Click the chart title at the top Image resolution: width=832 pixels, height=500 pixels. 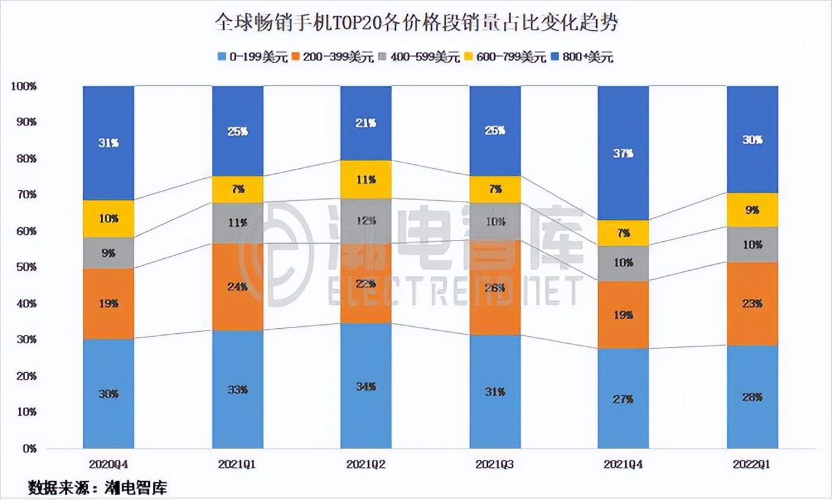[416, 23]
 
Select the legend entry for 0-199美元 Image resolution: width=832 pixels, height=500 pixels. [250, 57]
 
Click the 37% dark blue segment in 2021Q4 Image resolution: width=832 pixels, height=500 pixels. [623, 153]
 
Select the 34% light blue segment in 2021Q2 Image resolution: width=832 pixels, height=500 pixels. [366, 385]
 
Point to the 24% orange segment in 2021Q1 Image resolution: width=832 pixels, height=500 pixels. [238, 287]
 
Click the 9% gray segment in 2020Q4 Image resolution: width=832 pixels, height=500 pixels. [108, 253]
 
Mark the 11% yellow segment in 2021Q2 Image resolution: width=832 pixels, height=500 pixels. [366, 179]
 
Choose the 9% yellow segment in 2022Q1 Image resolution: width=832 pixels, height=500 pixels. [753, 210]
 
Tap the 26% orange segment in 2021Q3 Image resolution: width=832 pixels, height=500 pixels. [495, 287]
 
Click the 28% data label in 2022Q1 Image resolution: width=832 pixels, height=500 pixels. [753, 397]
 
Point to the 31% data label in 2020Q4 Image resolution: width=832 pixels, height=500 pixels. [108, 143]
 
